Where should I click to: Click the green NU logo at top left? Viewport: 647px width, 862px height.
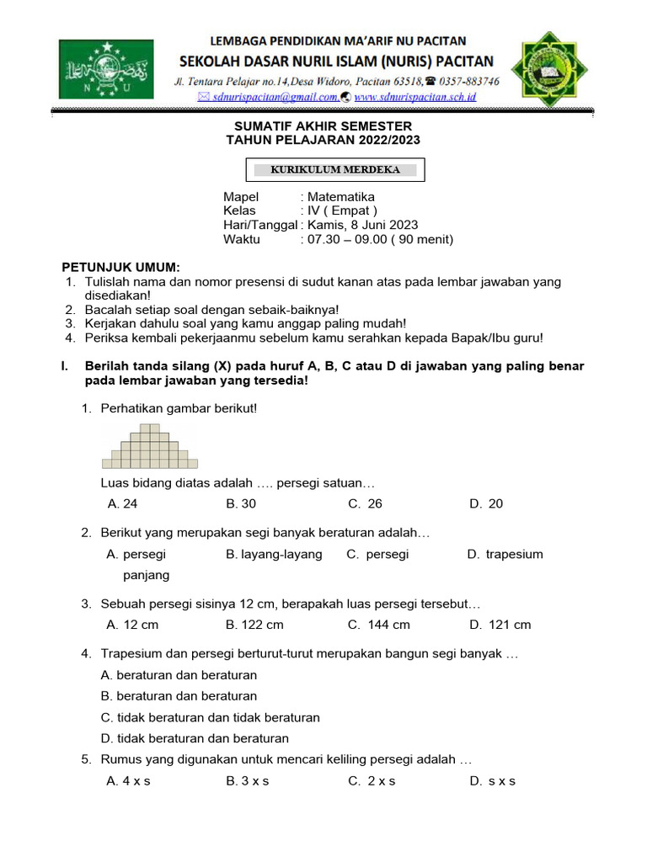[105, 69]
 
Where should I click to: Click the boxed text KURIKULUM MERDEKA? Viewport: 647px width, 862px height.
[334, 169]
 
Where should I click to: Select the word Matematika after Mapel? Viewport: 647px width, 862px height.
[341, 197]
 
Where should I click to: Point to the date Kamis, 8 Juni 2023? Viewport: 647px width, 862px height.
[362, 225]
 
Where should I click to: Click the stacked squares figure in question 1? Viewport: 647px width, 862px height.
[150, 446]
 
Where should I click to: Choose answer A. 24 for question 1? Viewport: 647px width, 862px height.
[122, 503]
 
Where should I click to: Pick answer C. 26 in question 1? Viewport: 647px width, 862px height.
[365, 503]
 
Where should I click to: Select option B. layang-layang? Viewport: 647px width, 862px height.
[274, 554]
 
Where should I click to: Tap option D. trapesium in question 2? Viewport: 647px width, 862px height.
[505, 554]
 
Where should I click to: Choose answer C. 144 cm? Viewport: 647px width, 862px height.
[378, 625]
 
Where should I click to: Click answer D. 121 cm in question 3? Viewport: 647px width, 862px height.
[500, 625]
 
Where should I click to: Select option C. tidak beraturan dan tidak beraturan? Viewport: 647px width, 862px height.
[210, 717]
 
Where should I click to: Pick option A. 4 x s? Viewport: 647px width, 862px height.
[128, 780]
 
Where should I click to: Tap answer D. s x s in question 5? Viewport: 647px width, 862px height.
[492, 780]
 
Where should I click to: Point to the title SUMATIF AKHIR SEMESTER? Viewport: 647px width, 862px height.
[323, 125]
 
